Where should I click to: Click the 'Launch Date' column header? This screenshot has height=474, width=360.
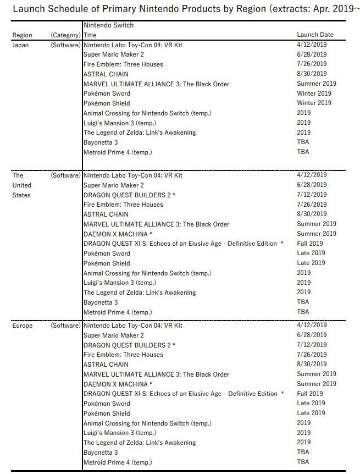[315, 35]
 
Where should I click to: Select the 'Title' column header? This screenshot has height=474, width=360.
[90, 35]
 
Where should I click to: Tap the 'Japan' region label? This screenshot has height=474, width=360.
[20, 45]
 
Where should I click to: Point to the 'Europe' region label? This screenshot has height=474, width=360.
[23, 326]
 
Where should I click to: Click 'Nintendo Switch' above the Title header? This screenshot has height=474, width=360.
[108, 25]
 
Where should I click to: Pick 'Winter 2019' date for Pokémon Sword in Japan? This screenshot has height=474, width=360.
[314, 93]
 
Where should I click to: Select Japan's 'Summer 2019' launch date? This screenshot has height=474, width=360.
[317, 84]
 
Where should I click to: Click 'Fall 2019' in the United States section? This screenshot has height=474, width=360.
[310, 244]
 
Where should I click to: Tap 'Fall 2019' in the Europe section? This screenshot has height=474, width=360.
[310, 394]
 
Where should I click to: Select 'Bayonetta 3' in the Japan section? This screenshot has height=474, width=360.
[101, 142]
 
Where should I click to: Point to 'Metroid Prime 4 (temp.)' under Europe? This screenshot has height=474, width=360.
[117, 462]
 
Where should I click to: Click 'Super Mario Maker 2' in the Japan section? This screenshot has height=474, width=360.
[113, 54]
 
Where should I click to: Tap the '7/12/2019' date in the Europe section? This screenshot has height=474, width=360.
[312, 345]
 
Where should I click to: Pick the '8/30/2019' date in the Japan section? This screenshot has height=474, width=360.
[312, 74]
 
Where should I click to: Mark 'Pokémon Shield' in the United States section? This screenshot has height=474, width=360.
[107, 263]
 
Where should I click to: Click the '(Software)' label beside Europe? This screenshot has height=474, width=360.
[65, 326]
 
